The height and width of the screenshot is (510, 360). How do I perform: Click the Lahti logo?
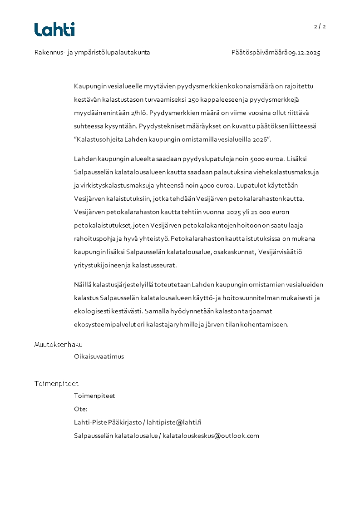54,30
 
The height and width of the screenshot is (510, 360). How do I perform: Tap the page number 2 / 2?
320,26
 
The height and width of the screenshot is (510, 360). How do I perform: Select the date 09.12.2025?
305,53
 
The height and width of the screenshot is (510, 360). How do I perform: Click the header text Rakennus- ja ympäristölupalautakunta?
92,53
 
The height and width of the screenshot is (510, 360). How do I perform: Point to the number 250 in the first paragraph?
194,99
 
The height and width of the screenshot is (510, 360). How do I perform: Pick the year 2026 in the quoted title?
261,139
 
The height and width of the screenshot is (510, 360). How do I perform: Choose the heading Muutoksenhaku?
59,345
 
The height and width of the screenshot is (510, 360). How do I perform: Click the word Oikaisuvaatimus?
99,357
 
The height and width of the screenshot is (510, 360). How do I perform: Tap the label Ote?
81,409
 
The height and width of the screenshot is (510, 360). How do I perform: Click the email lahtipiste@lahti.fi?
174,422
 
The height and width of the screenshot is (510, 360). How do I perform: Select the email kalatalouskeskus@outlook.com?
211,436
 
